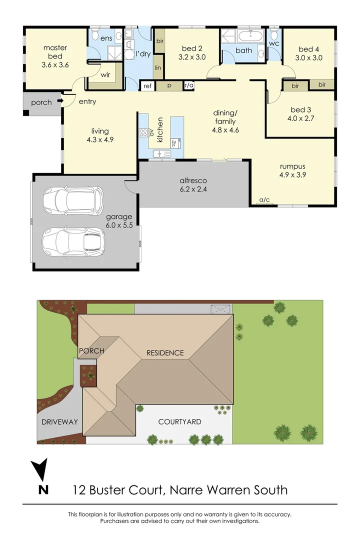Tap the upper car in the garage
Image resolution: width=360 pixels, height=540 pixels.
click(73, 200)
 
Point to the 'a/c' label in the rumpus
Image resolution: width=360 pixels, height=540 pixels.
click(264, 200)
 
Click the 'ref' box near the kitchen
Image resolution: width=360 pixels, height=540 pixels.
click(147, 86)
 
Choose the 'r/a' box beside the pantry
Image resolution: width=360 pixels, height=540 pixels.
click(189, 86)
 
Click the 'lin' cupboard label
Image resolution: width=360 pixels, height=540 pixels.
click(158, 67)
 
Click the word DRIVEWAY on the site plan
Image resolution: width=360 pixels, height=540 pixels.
click(59, 422)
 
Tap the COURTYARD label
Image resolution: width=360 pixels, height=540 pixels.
click(179, 422)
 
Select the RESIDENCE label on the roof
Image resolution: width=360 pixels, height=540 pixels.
click(165, 353)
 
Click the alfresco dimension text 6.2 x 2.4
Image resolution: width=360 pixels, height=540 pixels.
click(193, 189)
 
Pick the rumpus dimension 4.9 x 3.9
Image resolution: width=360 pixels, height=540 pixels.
click(292, 175)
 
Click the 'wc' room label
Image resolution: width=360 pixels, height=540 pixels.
click(273, 43)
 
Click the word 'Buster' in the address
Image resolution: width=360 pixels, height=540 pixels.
click(114, 489)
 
